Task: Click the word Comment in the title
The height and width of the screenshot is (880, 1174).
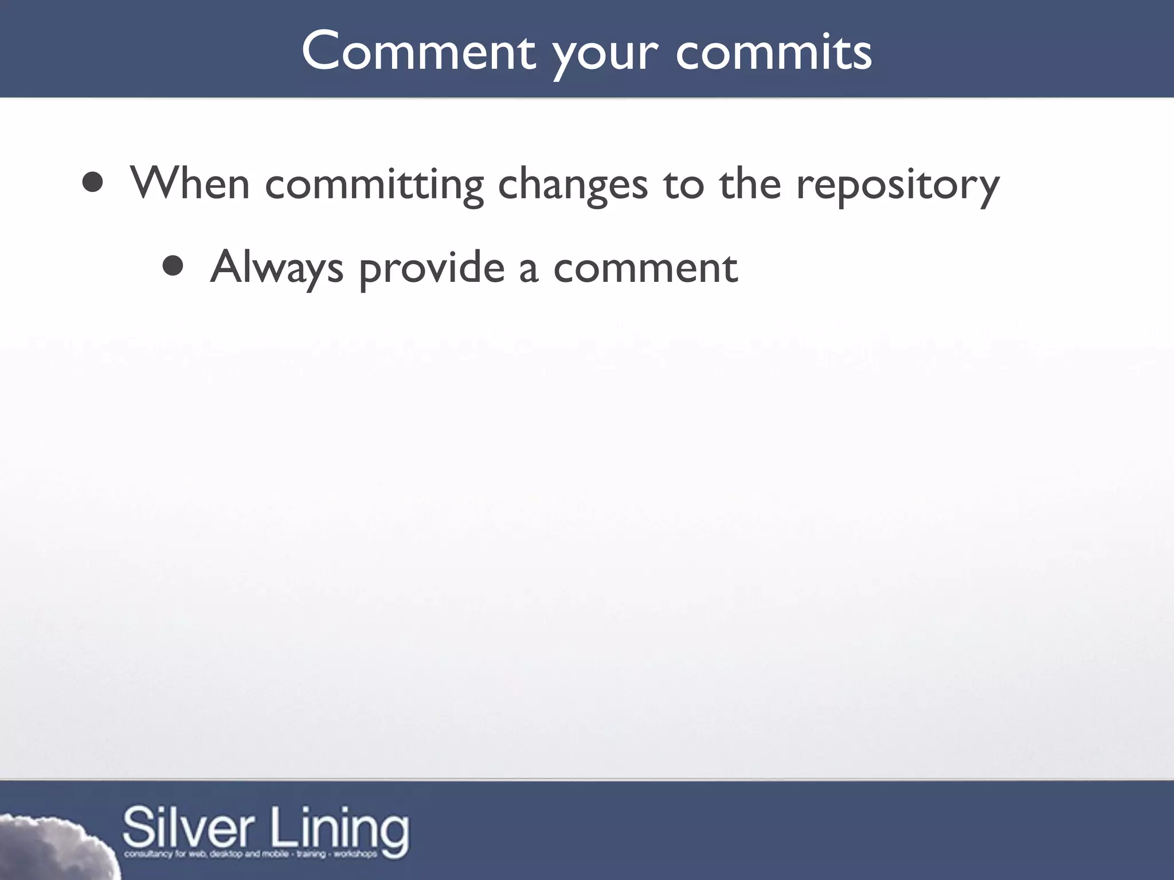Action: point(418,52)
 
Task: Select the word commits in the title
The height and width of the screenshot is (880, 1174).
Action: point(774,52)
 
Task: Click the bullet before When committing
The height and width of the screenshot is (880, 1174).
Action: point(92,183)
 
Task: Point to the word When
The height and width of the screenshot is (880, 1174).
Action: point(190,183)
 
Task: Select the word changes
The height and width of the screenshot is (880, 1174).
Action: point(573,184)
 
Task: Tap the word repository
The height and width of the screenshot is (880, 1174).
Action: point(898,184)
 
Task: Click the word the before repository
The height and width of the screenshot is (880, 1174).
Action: point(750,183)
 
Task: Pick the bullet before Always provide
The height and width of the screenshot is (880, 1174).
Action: point(173,266)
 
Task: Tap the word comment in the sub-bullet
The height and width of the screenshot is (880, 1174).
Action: point(645,268)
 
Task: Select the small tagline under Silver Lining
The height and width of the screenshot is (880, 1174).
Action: point(251,854)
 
